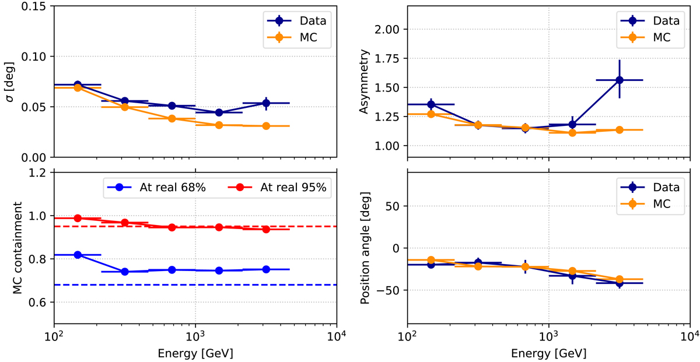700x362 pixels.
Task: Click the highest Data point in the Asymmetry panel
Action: pyautogui.click(x=619, y=80)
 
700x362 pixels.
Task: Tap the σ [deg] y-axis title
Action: pyautogui.click(x=10, y=82)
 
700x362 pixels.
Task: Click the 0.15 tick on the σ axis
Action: pyautogui.click(x=36, y=6)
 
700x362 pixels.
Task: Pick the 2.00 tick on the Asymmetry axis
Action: pyautogui.click(x=387, y=29)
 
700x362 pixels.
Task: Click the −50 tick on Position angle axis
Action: pyautogui.click(x=392, y=290)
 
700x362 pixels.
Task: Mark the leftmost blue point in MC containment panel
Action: pyautogui.click(x=78, y=255)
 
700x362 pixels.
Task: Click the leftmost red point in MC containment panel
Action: pyautogui.click(x=78, y=218)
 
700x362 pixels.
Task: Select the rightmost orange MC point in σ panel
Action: pyautogui.click(x=266, y=126)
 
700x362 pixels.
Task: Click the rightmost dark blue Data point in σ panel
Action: pyautogui.click(x=266, y=103)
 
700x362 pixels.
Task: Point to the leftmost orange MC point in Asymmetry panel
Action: pyautogui.click(x=431, y=114)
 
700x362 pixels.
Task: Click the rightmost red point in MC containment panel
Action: pyautogui.click(x=266, y=229)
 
